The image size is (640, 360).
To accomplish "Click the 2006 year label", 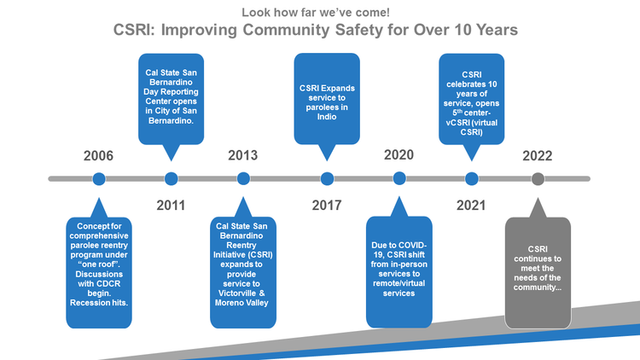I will coord(98,156).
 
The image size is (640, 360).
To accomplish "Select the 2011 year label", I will coord(171,205).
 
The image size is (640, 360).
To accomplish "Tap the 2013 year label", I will coord(243,156).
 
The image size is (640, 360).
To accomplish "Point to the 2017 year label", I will coord(327,205).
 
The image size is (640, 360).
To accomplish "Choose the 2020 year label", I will coord(399,156).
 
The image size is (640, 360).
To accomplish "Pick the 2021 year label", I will coord(471,205).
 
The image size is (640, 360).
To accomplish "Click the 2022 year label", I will coord(538,156).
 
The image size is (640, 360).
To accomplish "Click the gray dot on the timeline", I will coord(538,178).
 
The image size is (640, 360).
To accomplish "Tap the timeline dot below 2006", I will coord(98,178).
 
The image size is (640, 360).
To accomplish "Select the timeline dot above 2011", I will coord(171,178).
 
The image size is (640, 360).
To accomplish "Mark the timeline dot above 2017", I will coord(327,178).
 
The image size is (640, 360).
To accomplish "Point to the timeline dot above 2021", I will coord(471,178).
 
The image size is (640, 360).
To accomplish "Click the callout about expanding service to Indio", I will coord(327,99).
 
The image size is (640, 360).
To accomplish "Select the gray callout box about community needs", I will coord(538,272).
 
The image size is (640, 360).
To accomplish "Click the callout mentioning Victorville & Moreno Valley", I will coord(243,272).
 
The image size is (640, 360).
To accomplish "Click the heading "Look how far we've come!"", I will coord(316,12).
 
